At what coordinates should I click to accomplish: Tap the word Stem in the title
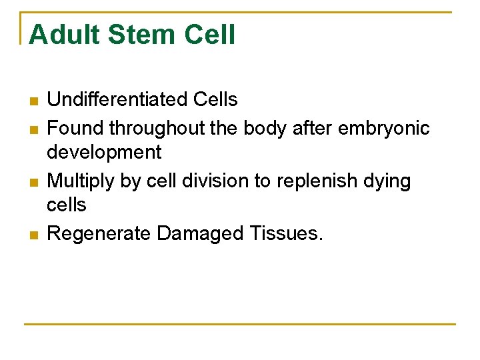click(142, 35)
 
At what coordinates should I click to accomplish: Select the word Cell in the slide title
click(213, 35)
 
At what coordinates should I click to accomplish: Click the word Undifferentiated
click(117, 100)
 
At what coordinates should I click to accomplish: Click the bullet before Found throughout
click(33, 129)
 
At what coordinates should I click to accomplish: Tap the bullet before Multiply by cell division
click(33, 182)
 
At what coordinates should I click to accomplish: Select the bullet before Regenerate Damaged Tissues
click(33, 235)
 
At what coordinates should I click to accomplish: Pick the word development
click(104, 153)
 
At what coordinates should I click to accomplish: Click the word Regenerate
click(99, 233)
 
